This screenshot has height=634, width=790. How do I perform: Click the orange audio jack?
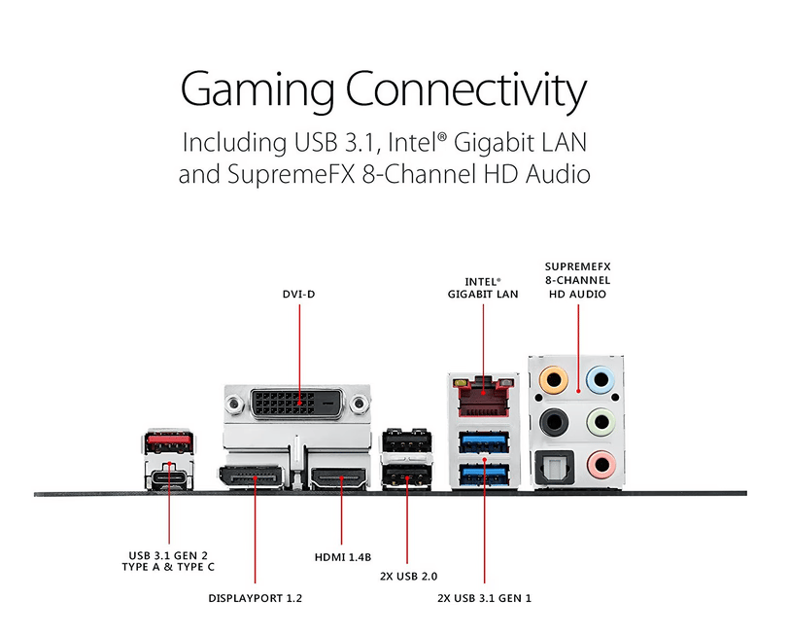[553, 379]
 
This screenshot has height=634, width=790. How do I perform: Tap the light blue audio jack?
[601, 379]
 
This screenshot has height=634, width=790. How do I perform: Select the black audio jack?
[554, 422]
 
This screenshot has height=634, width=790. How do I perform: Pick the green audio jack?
[601, 422]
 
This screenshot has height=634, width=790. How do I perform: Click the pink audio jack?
[601, 464]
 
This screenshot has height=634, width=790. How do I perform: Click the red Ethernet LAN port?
[484, 396]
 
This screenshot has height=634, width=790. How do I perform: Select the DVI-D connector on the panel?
[297, 404]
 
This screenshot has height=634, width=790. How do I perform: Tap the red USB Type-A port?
[169, 441]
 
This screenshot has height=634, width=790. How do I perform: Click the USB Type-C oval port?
[169, 477]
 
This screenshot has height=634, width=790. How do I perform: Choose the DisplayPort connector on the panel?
[251, 477]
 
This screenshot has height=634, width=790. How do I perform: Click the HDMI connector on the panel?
[338, 478]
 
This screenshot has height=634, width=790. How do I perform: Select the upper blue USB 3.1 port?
[484, 442]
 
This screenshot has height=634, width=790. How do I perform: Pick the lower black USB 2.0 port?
[406, 475]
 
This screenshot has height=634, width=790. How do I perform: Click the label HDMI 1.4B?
[343, 557]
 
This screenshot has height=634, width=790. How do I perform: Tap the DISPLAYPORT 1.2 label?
[255, 598]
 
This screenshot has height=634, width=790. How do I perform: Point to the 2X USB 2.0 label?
[408, 576]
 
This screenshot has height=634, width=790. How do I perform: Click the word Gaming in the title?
[257, 89]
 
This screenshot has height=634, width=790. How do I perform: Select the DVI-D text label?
[298, 294]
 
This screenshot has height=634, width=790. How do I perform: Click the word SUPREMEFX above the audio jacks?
[577, 266]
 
